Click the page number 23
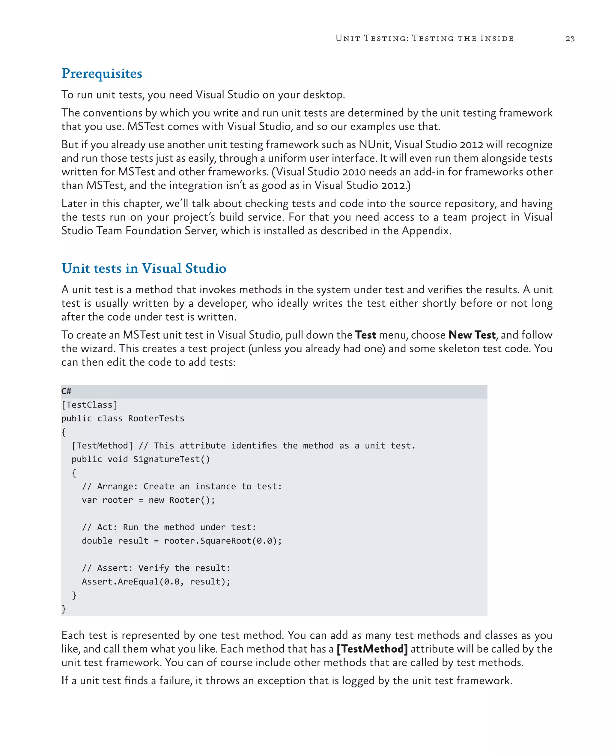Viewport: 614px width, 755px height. [570, 39]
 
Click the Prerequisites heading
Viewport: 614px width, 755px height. [102, 73]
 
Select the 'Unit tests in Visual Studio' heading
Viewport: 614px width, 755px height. [144, 268]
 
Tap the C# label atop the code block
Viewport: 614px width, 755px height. [66, 391]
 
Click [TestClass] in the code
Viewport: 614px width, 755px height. [89, 405]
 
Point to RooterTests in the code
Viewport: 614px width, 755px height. [156, 419]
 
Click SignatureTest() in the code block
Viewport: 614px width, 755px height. [171, 459]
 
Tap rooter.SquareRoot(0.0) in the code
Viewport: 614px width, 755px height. [222, 541]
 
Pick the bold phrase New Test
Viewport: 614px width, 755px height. [472, 335]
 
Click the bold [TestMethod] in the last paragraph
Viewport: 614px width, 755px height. [372, 649]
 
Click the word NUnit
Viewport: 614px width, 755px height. [374, 145]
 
